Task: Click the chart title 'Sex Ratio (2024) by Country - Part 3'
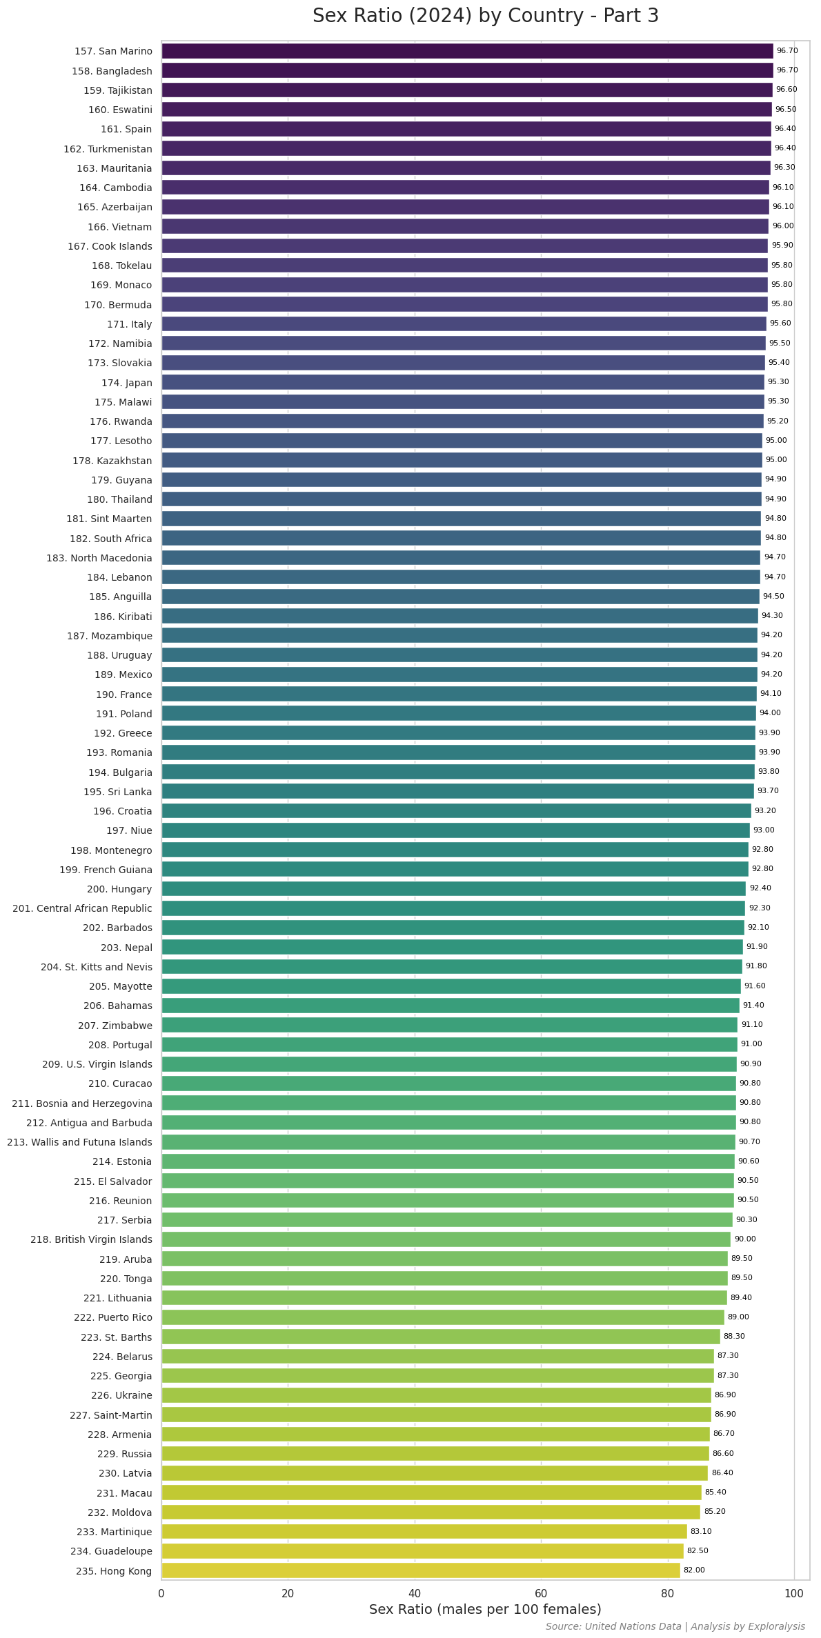click(x=485, y=16)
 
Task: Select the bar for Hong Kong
click(x=420, y=1570)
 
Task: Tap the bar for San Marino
click(x=467, y=51)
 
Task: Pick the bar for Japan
click(x=462, y=382)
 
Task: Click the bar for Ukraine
click(x=436, y=1395)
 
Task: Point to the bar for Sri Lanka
click(x=457, y=791)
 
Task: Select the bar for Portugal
click(x=449, y=1044)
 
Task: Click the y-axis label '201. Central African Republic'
click(x=82, y=908)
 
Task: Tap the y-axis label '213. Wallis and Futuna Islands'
click(x=79, y=1142)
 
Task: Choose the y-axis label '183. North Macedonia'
click(x=99, y=558)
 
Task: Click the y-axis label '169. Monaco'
click(x=121, y=285)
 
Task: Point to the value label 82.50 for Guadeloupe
click(x=698, y=1551)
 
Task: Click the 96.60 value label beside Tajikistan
click(x=787, y=90)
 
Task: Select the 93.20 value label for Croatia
click(x=765, y=811)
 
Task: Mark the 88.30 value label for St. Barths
click(x=734, y=1337)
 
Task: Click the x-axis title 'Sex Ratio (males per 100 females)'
click(x=485, y=1610)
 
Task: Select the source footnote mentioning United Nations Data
click(x=675, y=1627)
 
